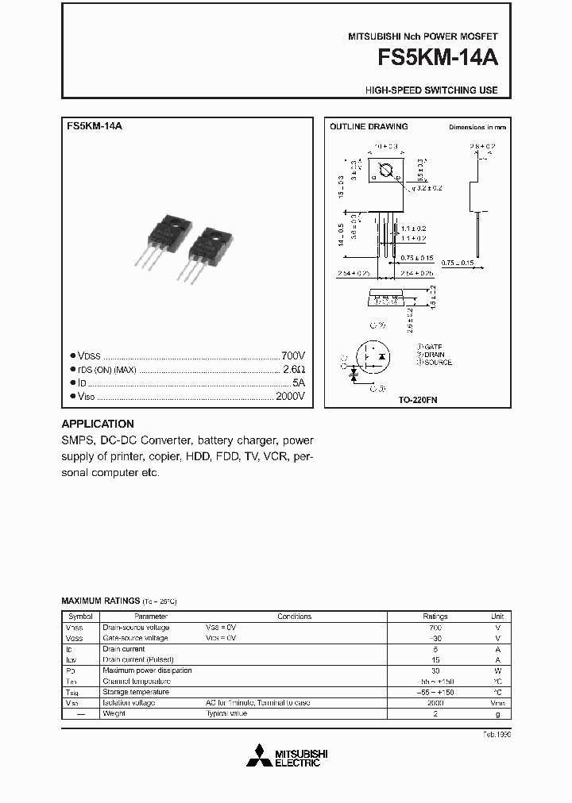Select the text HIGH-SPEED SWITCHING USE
pos(431,90)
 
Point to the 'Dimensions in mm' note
pos(477,127)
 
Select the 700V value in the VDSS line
pos(292,356)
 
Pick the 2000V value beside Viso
pos(289,397)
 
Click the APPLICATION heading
pos(98,424)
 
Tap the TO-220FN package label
pos(418,401)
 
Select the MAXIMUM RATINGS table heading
pos(101,601)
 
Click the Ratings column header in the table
pos(435,617)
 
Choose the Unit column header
pos(497,617)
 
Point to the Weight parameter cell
pos(114,713)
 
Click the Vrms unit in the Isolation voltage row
pos(497,702)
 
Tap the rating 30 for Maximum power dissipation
pos(435,670)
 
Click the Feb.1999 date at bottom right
pos(497,735)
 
